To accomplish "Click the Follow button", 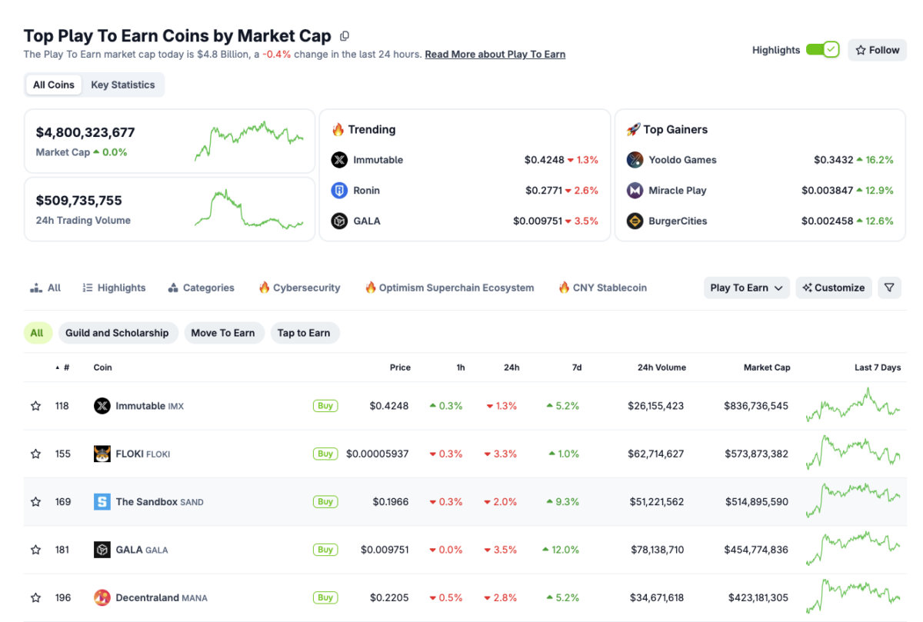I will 877,50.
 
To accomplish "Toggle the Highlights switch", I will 822,50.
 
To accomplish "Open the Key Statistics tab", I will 123,85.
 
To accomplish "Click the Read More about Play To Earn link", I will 495,55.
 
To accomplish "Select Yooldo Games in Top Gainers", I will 682,160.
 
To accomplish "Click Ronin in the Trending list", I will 366,191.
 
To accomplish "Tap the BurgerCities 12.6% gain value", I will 875,221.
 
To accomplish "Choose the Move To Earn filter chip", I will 223,333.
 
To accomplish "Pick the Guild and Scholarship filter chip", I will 117,333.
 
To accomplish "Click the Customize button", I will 834,288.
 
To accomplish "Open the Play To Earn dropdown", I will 746,288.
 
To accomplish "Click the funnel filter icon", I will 889,288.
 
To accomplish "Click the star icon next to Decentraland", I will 35,598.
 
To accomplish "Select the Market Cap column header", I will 766,368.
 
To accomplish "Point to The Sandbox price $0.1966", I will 391,502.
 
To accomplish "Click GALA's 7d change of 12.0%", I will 561,550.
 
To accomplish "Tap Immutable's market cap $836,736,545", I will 755,406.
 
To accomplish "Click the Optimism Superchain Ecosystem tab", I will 449,288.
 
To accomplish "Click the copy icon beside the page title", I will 345,36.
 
